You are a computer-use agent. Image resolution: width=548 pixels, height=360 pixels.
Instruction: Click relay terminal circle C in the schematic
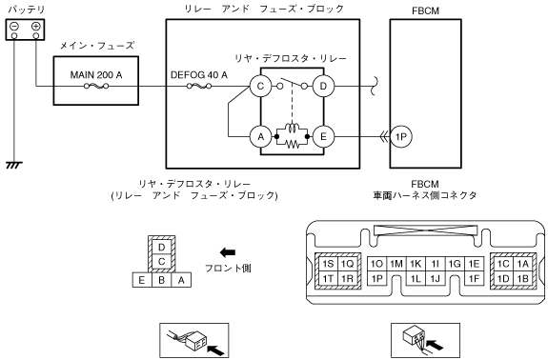point(260,86)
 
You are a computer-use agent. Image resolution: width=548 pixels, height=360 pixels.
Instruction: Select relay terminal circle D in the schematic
point(323,86)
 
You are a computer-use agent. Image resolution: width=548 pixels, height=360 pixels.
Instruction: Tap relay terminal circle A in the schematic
point(260,137)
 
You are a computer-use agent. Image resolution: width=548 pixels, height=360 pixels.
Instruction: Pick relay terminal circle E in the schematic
point(323,137)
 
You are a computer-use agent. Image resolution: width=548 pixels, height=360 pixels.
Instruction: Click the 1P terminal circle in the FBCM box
point(401,137)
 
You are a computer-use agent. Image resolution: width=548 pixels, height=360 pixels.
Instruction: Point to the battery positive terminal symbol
point(36,26)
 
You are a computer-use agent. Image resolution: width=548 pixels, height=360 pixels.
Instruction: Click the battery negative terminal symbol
point(14,26)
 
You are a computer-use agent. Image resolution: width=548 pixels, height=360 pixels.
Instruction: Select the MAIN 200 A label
point(96,75)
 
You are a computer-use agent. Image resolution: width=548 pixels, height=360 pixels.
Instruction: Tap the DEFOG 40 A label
point(199,75)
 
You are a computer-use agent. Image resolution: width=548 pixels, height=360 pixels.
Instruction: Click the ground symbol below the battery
point(14,165)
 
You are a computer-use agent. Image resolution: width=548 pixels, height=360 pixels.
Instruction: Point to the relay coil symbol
point(292,129)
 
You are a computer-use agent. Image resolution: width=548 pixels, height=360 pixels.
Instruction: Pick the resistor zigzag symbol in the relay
point(293,144)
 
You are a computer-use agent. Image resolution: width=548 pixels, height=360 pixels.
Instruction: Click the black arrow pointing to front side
point(228,252)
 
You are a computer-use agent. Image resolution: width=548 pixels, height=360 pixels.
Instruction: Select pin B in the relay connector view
point(161,280)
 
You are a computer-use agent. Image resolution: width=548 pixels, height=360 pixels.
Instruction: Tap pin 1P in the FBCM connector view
point(377,279)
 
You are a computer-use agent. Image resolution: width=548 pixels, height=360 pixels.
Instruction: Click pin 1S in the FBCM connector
point(328,264)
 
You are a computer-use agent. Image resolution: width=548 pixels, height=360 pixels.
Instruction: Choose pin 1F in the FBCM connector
point(474,279)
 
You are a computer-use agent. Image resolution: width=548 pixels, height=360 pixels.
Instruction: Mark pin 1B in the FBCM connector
point(522,279)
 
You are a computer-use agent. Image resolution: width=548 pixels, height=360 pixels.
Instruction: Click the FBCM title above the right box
point(425,10)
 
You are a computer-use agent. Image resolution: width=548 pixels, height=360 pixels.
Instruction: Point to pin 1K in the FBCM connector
point(416,264)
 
